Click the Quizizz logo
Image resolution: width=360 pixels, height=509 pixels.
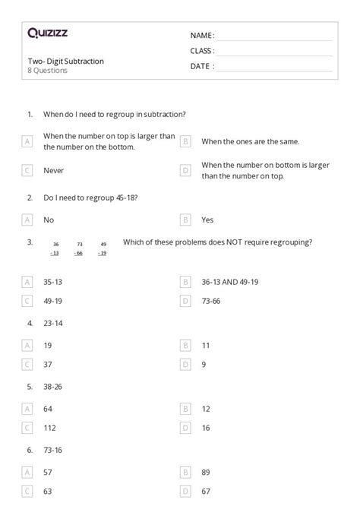pos(47,33)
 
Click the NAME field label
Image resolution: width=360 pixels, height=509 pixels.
pos(202,36)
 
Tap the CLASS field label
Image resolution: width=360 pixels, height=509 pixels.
pos(202,51)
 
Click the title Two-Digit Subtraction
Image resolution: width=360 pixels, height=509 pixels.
pos(65,61)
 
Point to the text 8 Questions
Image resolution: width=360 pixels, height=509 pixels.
pos(47,71)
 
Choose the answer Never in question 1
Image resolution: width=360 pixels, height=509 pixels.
pos(53,171)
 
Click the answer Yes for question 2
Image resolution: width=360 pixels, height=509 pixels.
pos(207,220)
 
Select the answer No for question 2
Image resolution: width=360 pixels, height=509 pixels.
pos(49,220)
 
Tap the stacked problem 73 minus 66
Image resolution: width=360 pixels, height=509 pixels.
pos(79,248)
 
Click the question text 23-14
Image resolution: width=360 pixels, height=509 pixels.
pos(53,324)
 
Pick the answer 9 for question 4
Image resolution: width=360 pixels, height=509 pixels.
pos(204,365)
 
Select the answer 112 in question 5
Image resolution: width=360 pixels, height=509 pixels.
pos(50,428)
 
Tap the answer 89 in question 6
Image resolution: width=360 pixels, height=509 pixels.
pos(206,472)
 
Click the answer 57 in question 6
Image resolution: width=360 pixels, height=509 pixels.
pos(49,472)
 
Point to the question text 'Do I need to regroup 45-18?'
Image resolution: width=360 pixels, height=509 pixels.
pos(90,198)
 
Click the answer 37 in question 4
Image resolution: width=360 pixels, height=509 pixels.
pos(49,365)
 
